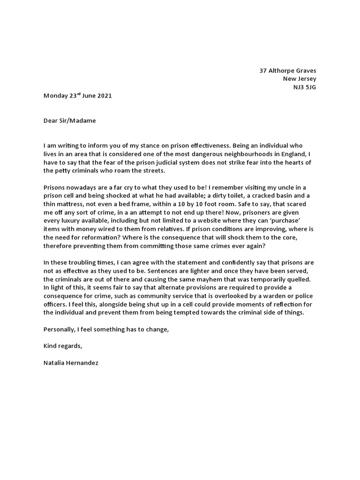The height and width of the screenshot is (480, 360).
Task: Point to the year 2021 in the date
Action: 104,96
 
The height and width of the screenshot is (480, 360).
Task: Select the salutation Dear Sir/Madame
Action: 69,120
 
